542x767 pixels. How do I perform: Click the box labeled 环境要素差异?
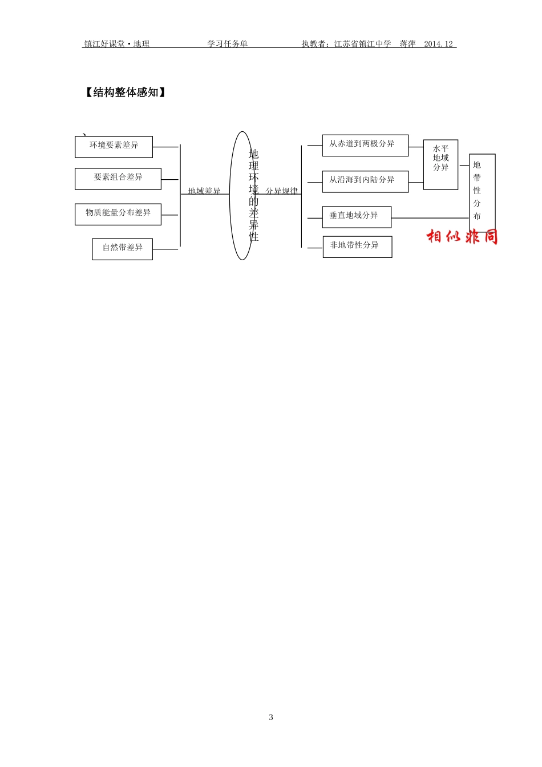click(x=114, y=147)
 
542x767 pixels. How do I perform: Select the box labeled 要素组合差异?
click(x=118, y=179)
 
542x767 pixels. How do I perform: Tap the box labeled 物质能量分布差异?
click(x=118, y=214)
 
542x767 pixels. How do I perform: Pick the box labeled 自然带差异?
click(x=122, y=249)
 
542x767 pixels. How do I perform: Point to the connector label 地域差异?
click(x=204, y=191)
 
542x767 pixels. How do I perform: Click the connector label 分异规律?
click(x=282, y=191)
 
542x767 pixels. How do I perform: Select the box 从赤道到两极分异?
click(x=365, y=145)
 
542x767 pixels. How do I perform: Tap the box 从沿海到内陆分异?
click(x=365, y=181)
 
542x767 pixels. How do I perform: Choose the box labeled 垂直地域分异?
click(x=357, y=217)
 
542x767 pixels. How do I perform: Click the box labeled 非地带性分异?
click(x=357, y=247)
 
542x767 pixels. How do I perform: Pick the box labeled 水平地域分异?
click(x=440, y=164)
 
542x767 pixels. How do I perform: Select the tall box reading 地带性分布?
click(x=482, y=192)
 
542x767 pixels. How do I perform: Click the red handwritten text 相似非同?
click(x=462, y=236)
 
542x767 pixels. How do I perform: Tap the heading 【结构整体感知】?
click(x=126, y=92)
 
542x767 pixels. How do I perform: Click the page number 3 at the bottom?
click(x=271, y=717)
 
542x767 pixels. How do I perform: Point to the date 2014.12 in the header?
click(x=438, y=44)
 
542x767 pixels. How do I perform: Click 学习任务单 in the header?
click(x=227, y=44)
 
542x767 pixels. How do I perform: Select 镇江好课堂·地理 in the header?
click(x=117, y=44)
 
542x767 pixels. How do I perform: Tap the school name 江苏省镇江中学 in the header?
click(x=363, y=44)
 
